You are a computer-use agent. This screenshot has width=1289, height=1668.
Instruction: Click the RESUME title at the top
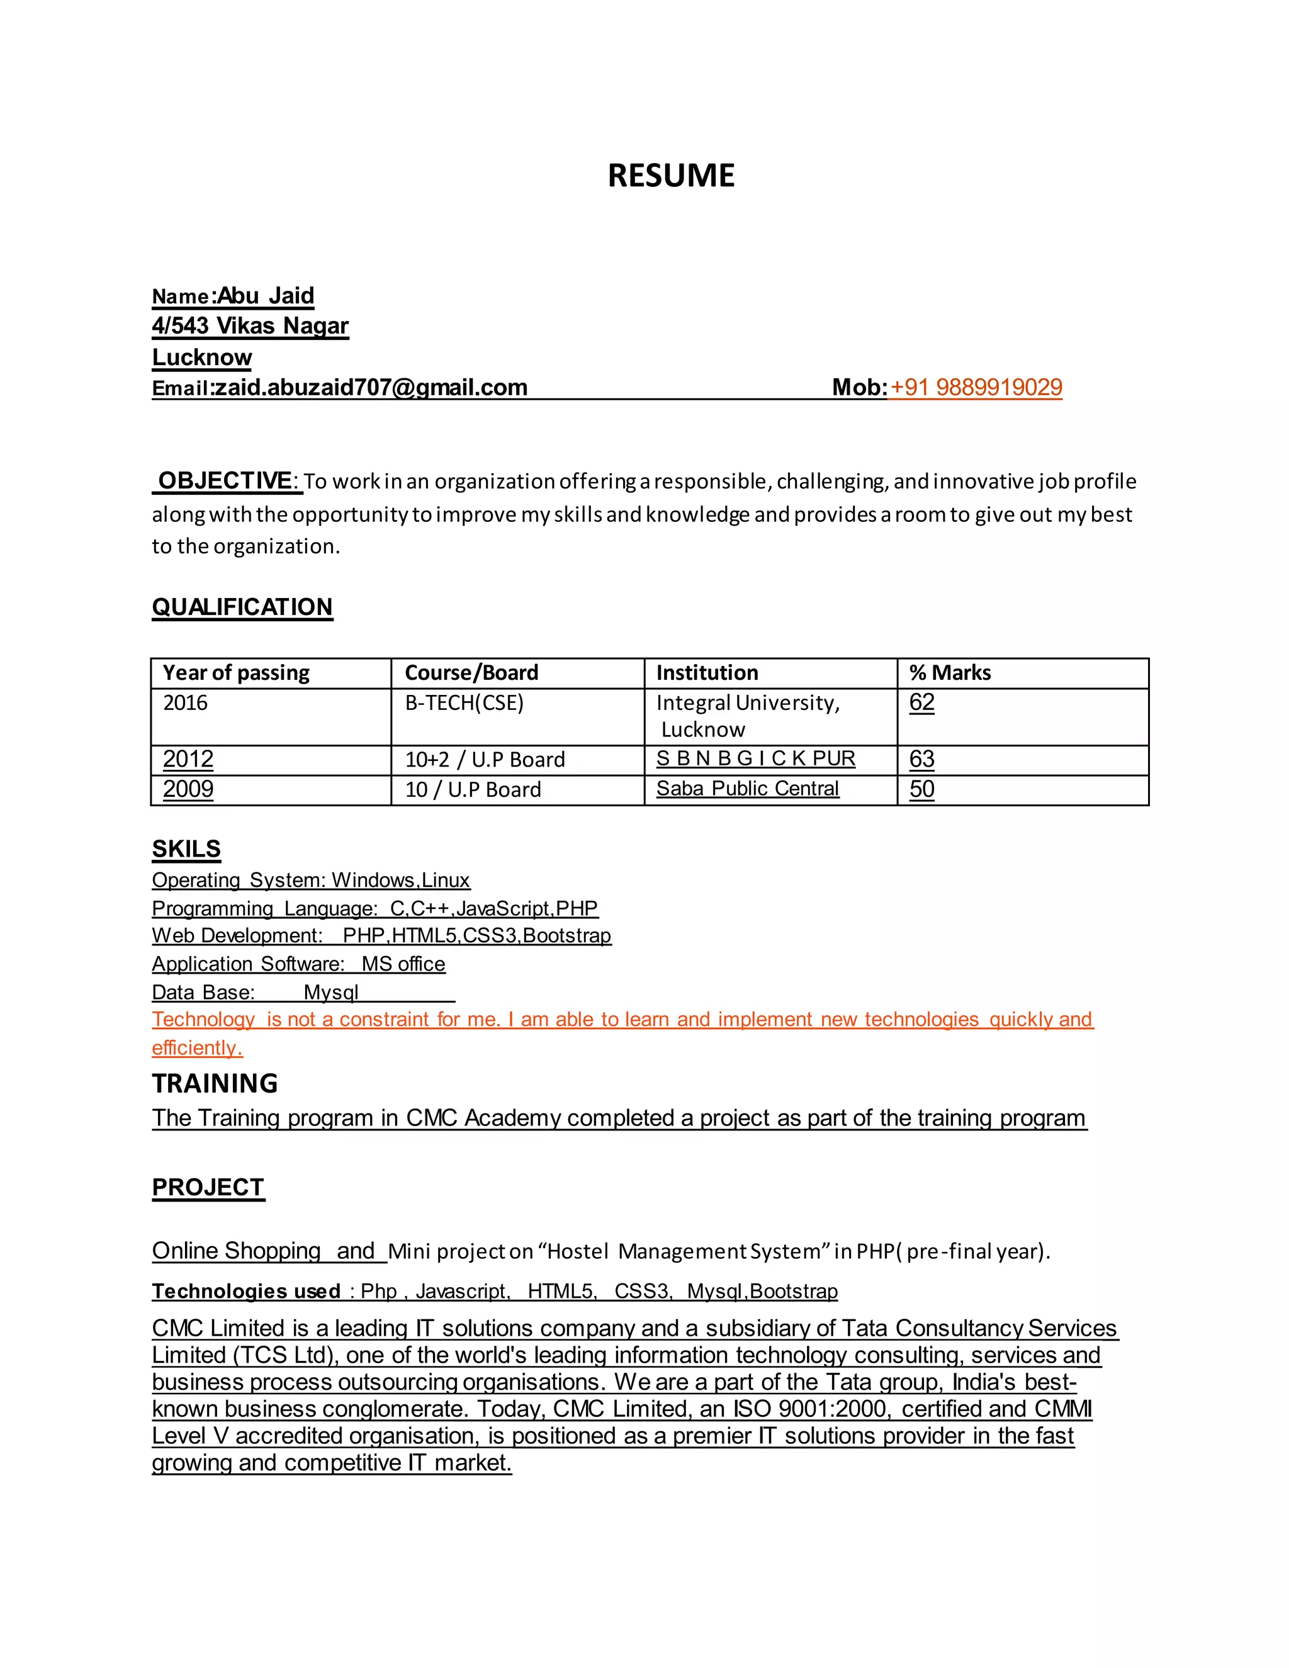[670, 176]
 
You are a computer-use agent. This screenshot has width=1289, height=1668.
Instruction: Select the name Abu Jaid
[266, 296]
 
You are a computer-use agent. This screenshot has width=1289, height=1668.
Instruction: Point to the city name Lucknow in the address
[201, 357]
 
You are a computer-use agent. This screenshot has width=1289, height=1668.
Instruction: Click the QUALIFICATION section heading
[242, 607]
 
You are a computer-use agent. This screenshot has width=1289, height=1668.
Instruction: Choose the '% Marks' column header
[950, 673]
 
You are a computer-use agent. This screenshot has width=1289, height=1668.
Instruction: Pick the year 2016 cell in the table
[186, 702]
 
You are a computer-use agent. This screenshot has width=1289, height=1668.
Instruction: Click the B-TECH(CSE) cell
[464, 702]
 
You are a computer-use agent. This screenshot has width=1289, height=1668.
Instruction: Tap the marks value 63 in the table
[921, 759]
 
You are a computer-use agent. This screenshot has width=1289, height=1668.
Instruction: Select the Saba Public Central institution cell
[748, 789]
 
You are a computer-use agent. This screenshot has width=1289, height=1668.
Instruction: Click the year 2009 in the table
[188, 789]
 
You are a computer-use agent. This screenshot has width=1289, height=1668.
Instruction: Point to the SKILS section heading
[186, 849]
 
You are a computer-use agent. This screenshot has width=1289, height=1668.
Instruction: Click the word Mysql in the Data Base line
[330, 992]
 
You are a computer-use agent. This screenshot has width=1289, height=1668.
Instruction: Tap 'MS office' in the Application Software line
[403, 964]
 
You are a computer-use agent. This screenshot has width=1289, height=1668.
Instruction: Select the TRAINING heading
[215, 1084]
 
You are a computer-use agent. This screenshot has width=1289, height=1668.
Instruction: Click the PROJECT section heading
[208, 1188]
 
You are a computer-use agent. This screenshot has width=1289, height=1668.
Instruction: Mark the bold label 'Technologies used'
[246, 1292]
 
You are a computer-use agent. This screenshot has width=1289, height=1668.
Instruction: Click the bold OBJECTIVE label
[225, 481]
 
